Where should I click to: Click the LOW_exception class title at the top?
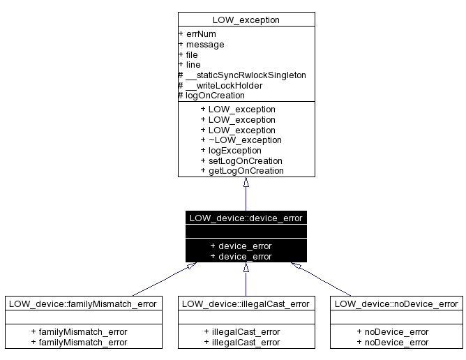pos(246,20)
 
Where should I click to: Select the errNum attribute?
pos(197,33)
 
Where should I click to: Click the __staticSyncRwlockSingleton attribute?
pos(243,75)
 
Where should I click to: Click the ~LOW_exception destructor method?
pos(241,140)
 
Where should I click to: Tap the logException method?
pos(235,150)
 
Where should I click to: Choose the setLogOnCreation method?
pos(241,160)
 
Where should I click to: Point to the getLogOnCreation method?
pos(242,170)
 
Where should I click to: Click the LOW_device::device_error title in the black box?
pos(246,218)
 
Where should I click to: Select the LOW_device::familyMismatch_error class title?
pos(84,303)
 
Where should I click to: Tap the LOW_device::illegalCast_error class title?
pos(245,303)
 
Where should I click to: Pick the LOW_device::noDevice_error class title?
pos(396,303)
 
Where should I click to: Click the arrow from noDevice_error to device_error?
pos(324,280)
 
